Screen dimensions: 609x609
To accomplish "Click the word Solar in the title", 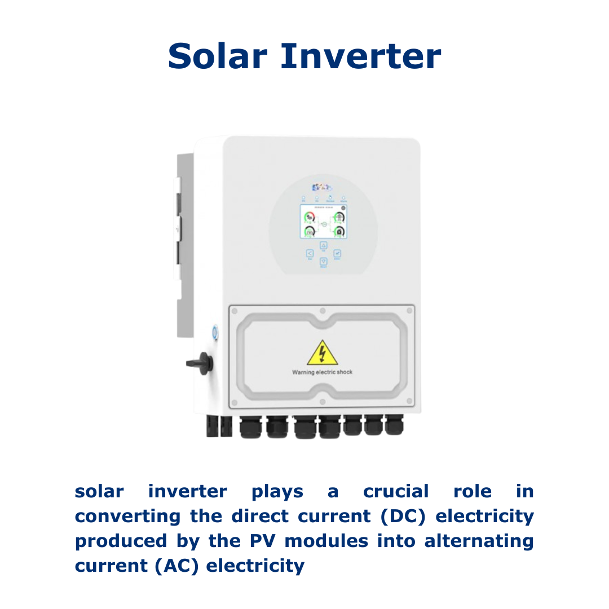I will [x=217, y=56].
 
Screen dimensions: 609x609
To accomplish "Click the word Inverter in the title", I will [x=360, y=56].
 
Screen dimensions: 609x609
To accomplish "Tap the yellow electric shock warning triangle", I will [x=322, y=354].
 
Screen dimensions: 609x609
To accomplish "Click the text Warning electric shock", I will [x=322, y=372].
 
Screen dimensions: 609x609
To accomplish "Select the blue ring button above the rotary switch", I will [x=215, y=333].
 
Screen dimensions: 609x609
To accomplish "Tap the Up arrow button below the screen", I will [x=324, y=245].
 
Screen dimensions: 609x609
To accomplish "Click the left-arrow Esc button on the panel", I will [x=310, y=254].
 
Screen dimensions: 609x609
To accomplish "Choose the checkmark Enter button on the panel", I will [x=337, y=254].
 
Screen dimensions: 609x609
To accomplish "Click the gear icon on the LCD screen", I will [x=343, y=209].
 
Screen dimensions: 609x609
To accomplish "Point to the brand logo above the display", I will [x=323, y=187].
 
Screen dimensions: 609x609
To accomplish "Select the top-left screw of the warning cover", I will [x=235, y=311].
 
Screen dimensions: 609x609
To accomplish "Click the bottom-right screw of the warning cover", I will [x=409, y=401].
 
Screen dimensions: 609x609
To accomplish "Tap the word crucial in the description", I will [x=396, y=491].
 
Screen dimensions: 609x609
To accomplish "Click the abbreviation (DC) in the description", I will [x=401, y=516].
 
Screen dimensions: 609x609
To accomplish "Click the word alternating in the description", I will [x=479, y=541].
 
